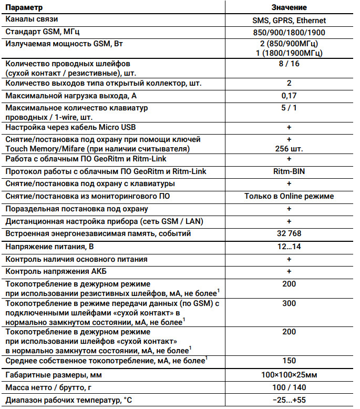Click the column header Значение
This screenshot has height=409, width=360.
pyautogui.click(x=289, y=8)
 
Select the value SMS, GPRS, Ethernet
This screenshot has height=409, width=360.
pyautogui.click(x=289, y=21)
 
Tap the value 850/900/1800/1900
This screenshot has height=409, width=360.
pyautogui.click(x=289, y=32)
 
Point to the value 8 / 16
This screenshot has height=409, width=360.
pyautogui.click(x=289, y=64)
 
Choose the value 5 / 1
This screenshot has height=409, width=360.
pyautogui.click(x=289, y=108)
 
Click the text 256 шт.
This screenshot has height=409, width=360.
pyautogui.click(x=289, y=149)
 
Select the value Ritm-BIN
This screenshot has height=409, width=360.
pyautogui.click(x=289, y=171)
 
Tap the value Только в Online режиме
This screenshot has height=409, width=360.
pyautogui.click(x=289, y=196)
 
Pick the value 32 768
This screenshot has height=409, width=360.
pyautogui.click(x=289, y=233)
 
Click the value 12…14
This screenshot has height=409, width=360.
pyautogui.click(x=289, y=247)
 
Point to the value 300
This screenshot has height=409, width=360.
pyautogui.click(x=289, y=303)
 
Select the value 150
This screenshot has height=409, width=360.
pyautogui.click(x=289, y=361)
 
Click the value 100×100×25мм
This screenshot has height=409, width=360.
pyautogui.click(x=289, y=375)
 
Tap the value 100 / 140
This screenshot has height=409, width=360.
pyautogui.click(x=289, y=388)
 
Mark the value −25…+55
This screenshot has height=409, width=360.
pyautogui.click(x=289, y=401)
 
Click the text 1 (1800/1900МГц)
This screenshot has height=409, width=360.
pyautogui.click(x=289, y=53)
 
